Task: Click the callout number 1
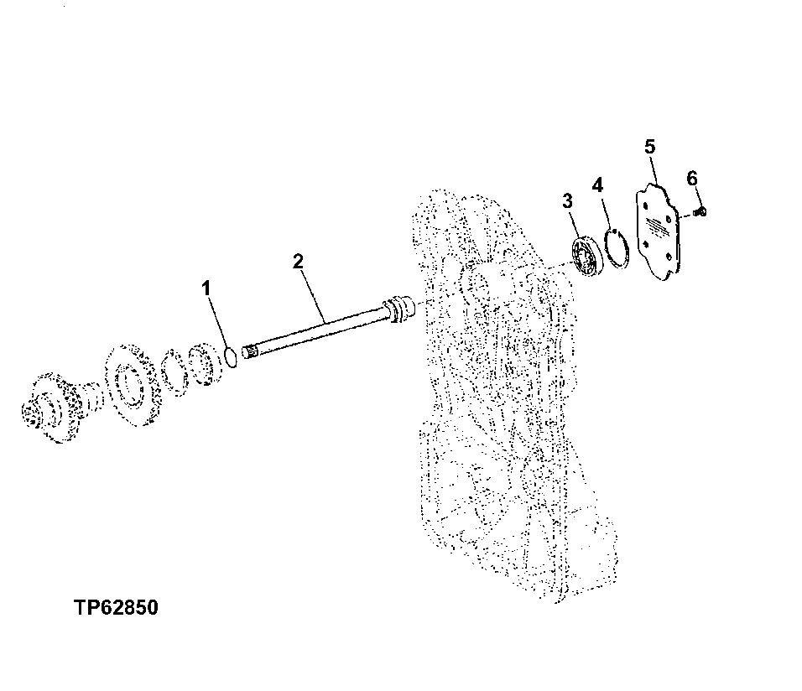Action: tap(206, 288)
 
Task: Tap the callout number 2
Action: tap(298, 262)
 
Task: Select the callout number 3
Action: tap(567, 201)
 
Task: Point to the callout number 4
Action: tap(597, 184)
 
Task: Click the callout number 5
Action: tap(649, 147)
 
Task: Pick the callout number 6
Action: tap(691, 179)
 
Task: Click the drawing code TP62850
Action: tap(116, 608)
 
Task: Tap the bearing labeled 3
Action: tap(587, 256)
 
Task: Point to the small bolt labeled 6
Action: tap(701, 210)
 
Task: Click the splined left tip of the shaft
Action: tap(248, 352)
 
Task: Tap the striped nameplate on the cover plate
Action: tap(658, 226)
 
